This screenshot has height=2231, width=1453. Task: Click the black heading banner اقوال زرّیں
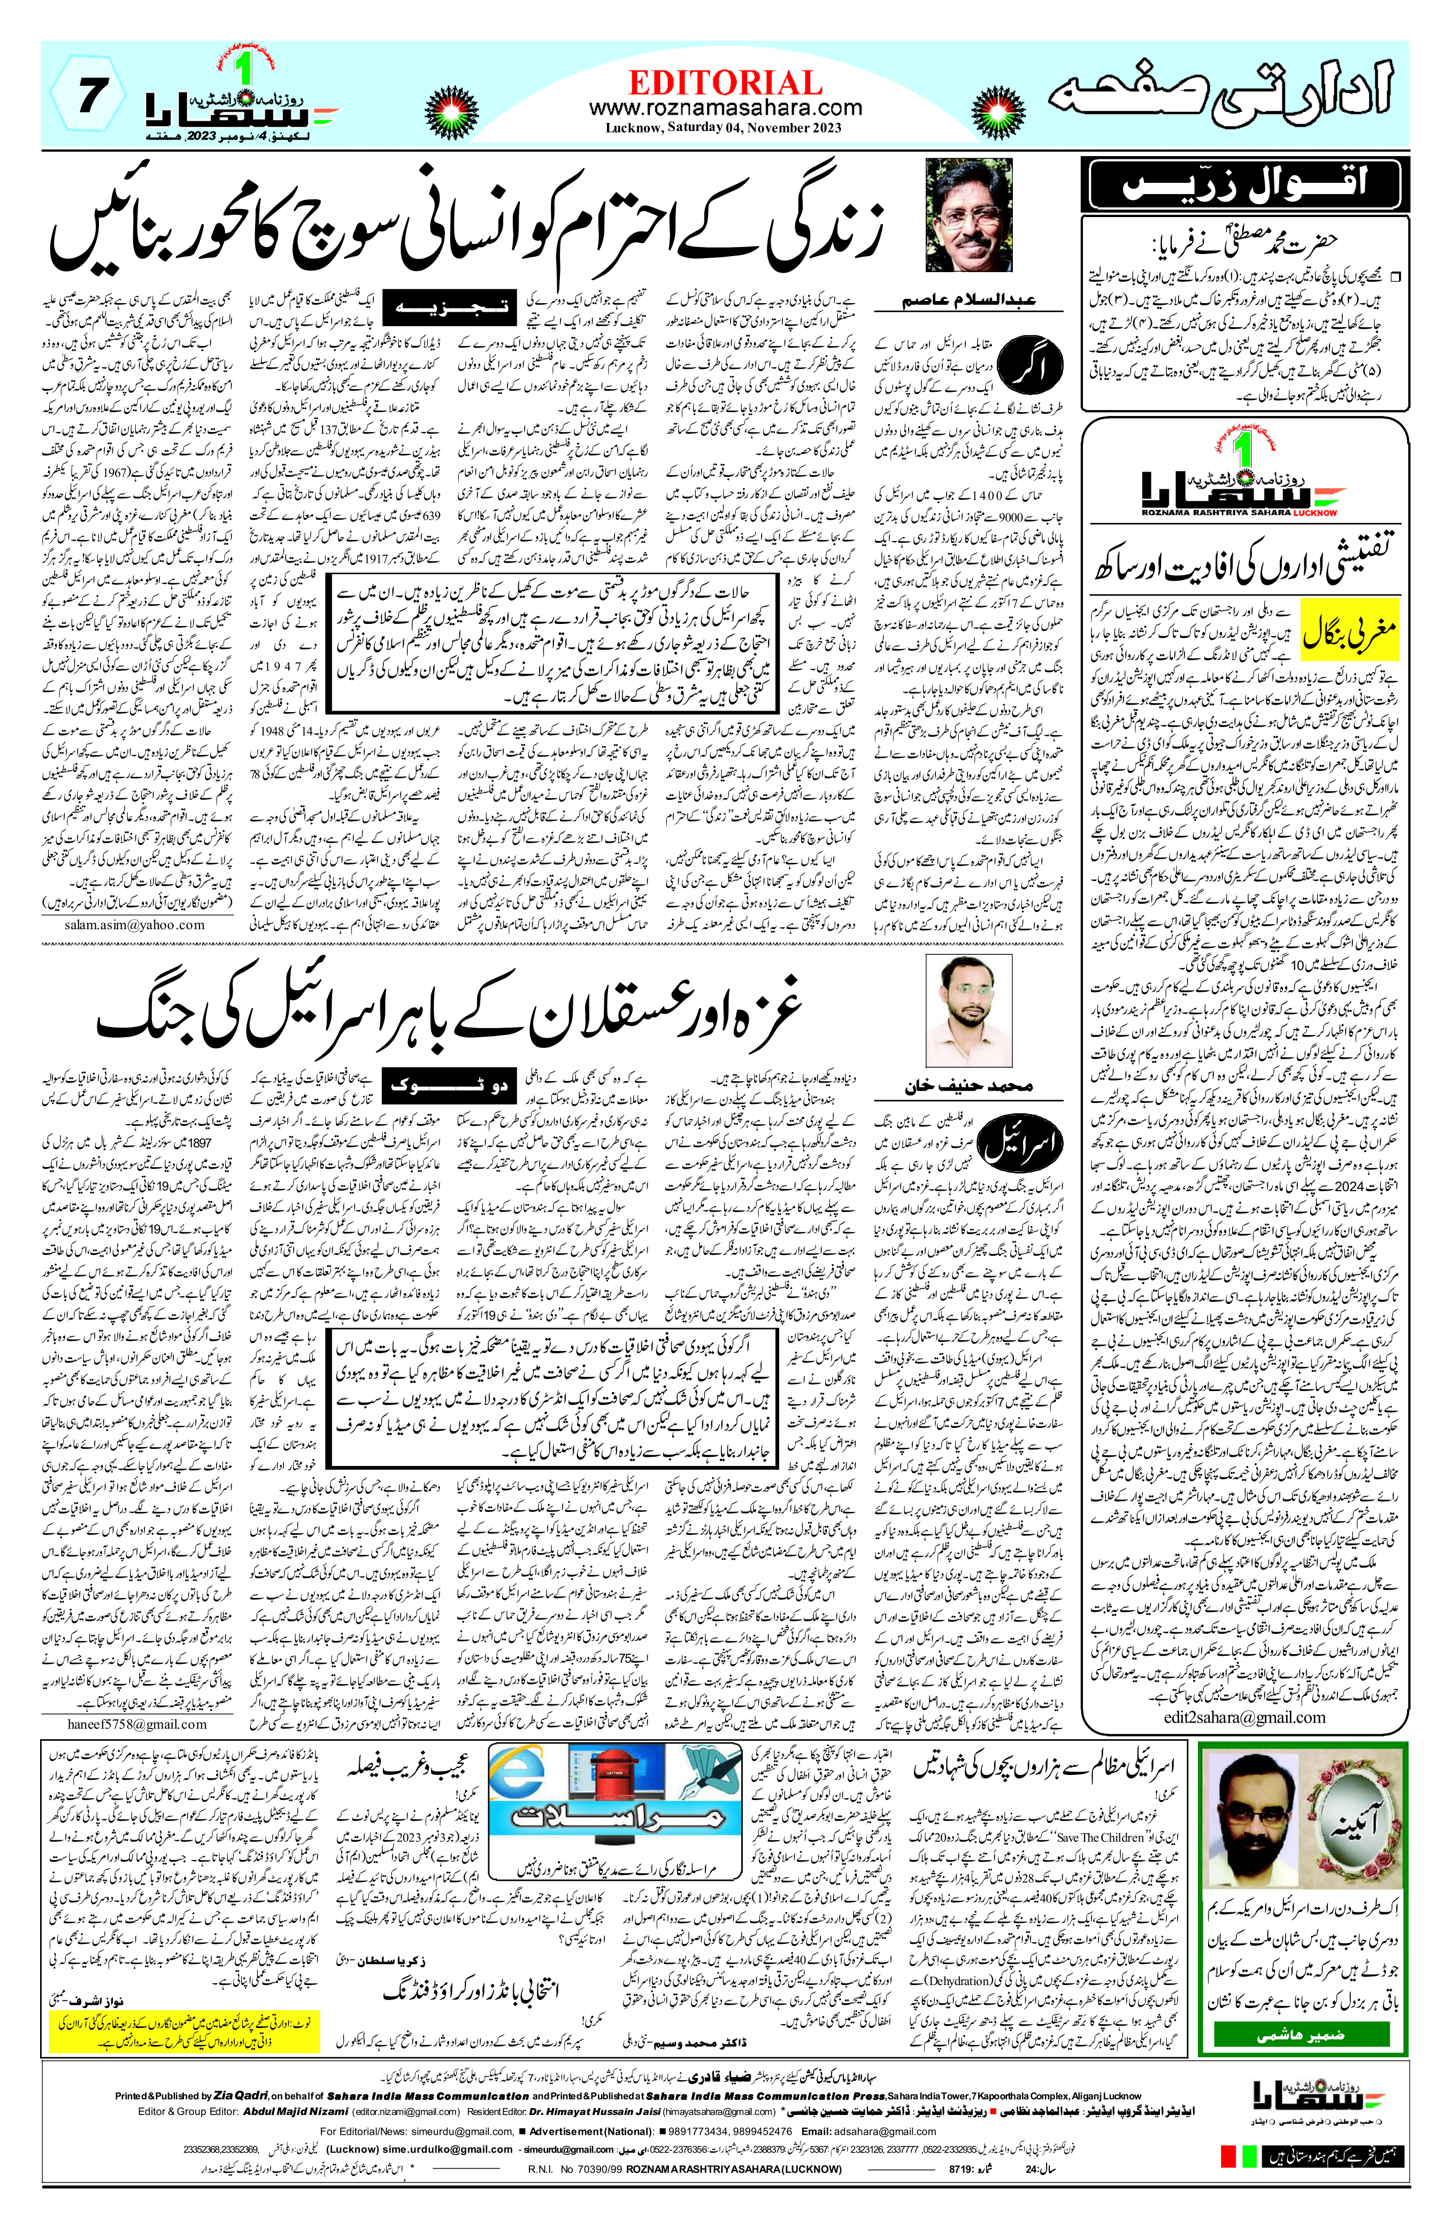pyautogui.click(x=1244, y=184)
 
